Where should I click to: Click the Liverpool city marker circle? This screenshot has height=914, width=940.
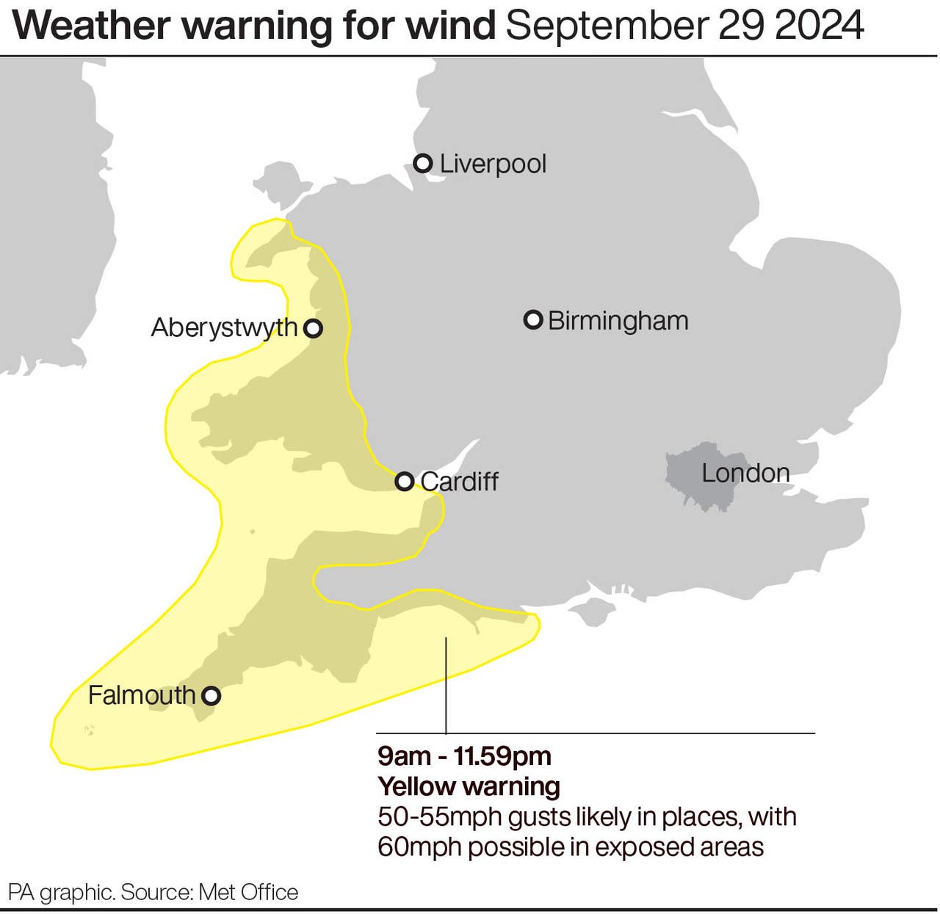click(423, 163)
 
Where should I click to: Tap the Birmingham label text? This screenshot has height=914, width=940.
click(618, 321)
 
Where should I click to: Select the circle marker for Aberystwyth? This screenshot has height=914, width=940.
click(314, 328)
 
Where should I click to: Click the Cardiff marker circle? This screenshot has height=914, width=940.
click(405, 482)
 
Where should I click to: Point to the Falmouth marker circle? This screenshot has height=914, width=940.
click(211, 695)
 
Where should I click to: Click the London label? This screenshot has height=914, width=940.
click(745, 474)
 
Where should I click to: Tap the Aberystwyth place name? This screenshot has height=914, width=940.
click(224, 327)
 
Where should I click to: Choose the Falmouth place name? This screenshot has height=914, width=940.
click(142, 695)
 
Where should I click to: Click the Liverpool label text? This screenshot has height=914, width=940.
click(493, 164)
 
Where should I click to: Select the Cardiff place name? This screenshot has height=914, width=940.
click(459, 482)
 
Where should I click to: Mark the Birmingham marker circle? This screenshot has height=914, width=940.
click(533, 320)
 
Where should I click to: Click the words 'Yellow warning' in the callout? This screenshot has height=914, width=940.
click(469, 786)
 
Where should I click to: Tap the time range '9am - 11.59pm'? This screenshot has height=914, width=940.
click(464, 755)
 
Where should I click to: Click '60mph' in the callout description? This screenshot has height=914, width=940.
click(419, 847)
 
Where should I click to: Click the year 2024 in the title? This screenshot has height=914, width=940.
click(821, 26)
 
